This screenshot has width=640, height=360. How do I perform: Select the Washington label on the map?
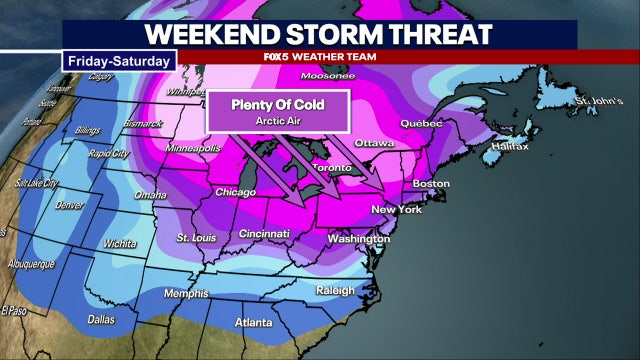click(x=357, y=240)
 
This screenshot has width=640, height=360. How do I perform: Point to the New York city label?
click(x=395, y=209)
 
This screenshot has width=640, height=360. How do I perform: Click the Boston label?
click(x=430, y=184)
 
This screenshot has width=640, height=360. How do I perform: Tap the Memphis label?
click(x=187, y=293)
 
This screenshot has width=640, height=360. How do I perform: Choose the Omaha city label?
click(x=150, y=194)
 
